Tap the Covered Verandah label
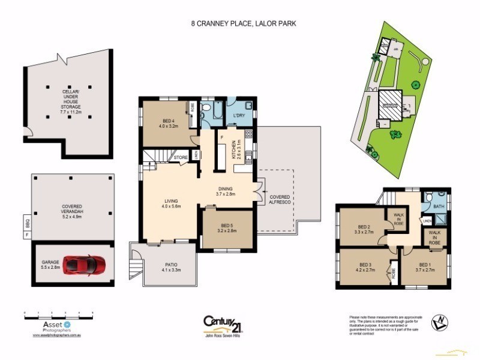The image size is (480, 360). tap(72, 209)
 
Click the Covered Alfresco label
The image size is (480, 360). tap(280, 200)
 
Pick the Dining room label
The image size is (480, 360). tap(227, 191)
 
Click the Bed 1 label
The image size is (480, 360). tap(424, 268)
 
